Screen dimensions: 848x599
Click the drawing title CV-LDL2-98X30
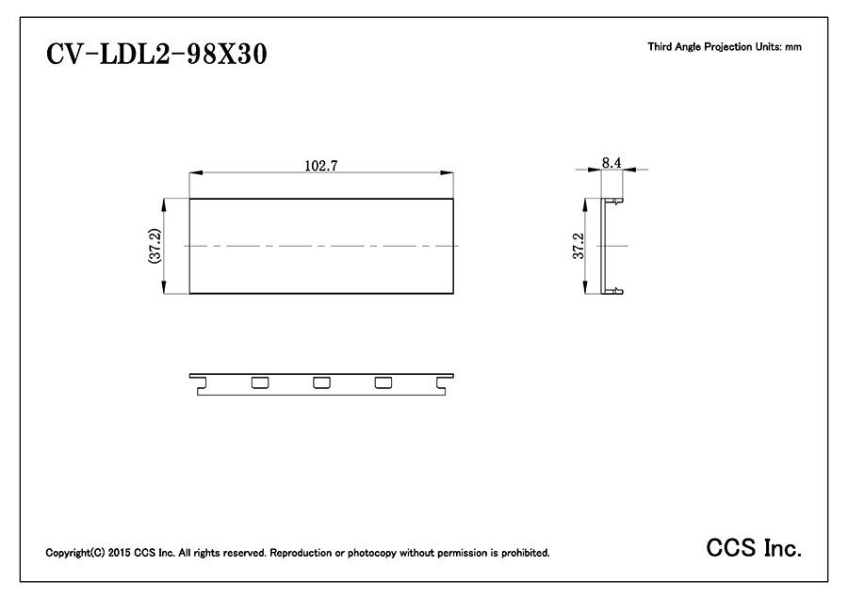[156, 54]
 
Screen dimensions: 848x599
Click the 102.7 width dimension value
[321, 166]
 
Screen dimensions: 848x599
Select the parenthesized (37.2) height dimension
[155, 246]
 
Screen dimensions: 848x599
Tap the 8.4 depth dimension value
[612, 162]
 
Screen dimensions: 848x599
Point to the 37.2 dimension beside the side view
[579, 246]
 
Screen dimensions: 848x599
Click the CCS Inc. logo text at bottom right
[754, 548]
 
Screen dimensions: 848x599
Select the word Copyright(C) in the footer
[75, 553]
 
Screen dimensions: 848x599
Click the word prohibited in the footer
[525, 553]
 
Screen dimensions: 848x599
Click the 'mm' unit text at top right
[793, 48]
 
